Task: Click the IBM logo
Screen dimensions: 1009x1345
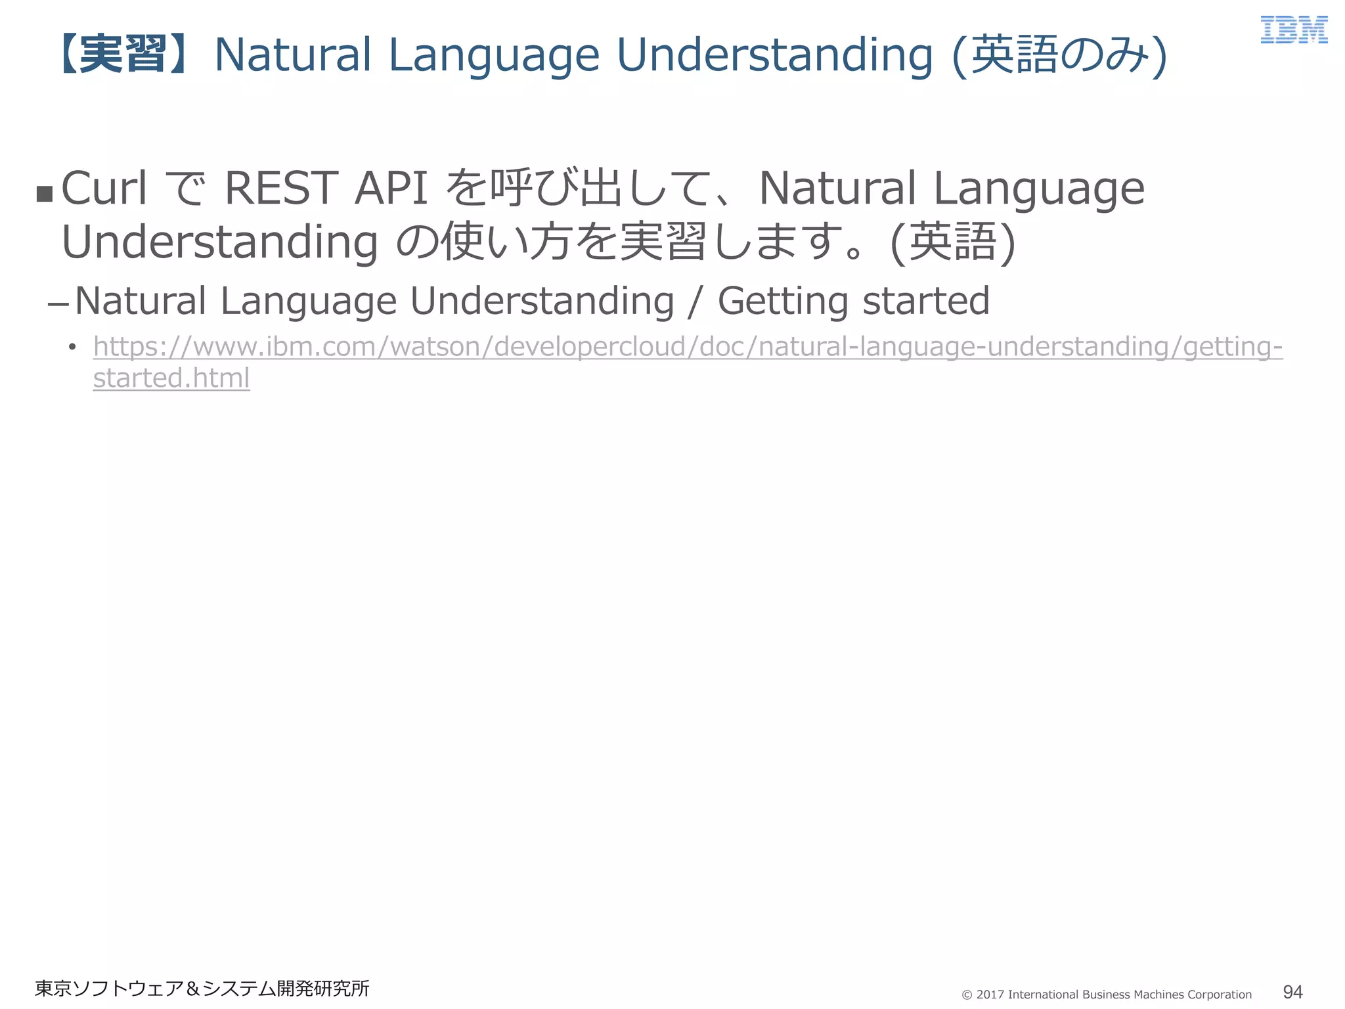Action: [x=1294, y=30]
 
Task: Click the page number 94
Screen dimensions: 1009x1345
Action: [x=1292, y=991]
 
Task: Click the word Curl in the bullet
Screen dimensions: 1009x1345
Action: [x=104, y=189]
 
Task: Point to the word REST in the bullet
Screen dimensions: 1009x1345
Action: [x=281, y=189]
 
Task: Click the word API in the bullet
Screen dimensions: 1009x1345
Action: [x=391, y=189]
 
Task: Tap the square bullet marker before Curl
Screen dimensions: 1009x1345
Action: [x=45, y=194]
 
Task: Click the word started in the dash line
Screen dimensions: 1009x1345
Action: [x=925, y=302]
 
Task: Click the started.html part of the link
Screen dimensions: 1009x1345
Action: [x=171, y=378]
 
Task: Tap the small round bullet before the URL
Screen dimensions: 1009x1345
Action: [x=72, y=347]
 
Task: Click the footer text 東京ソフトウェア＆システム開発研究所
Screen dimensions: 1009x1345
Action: [x=202, y=988]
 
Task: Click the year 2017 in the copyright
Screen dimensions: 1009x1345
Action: [x=990, y=995]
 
